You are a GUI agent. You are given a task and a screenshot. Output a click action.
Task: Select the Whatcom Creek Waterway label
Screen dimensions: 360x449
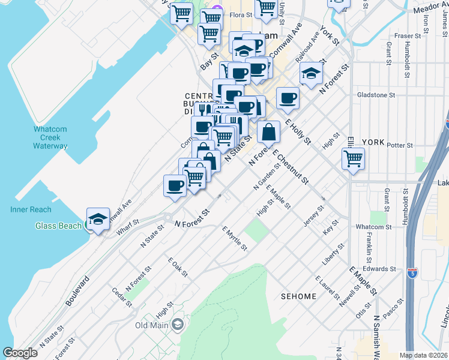click(x=50, y=137)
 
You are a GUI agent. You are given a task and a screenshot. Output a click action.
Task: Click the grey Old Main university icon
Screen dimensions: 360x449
click(x=177, y=325)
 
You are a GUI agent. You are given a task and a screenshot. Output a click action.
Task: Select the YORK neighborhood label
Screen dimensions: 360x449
click(x=373, y=142)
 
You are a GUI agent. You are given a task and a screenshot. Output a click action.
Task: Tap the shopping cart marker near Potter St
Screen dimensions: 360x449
click(x=354, y=159)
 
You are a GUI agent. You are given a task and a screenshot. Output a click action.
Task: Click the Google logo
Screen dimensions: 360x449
click(x=20, y=353)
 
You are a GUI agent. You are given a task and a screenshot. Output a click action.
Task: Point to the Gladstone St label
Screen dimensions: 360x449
click(x=376, y=95)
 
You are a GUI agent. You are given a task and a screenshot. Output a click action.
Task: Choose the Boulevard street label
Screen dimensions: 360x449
click(x=77, y=291)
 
